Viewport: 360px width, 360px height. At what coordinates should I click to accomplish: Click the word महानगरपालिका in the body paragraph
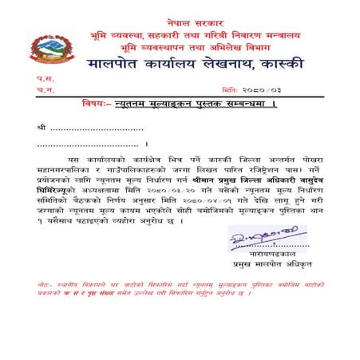pos(63,169)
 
